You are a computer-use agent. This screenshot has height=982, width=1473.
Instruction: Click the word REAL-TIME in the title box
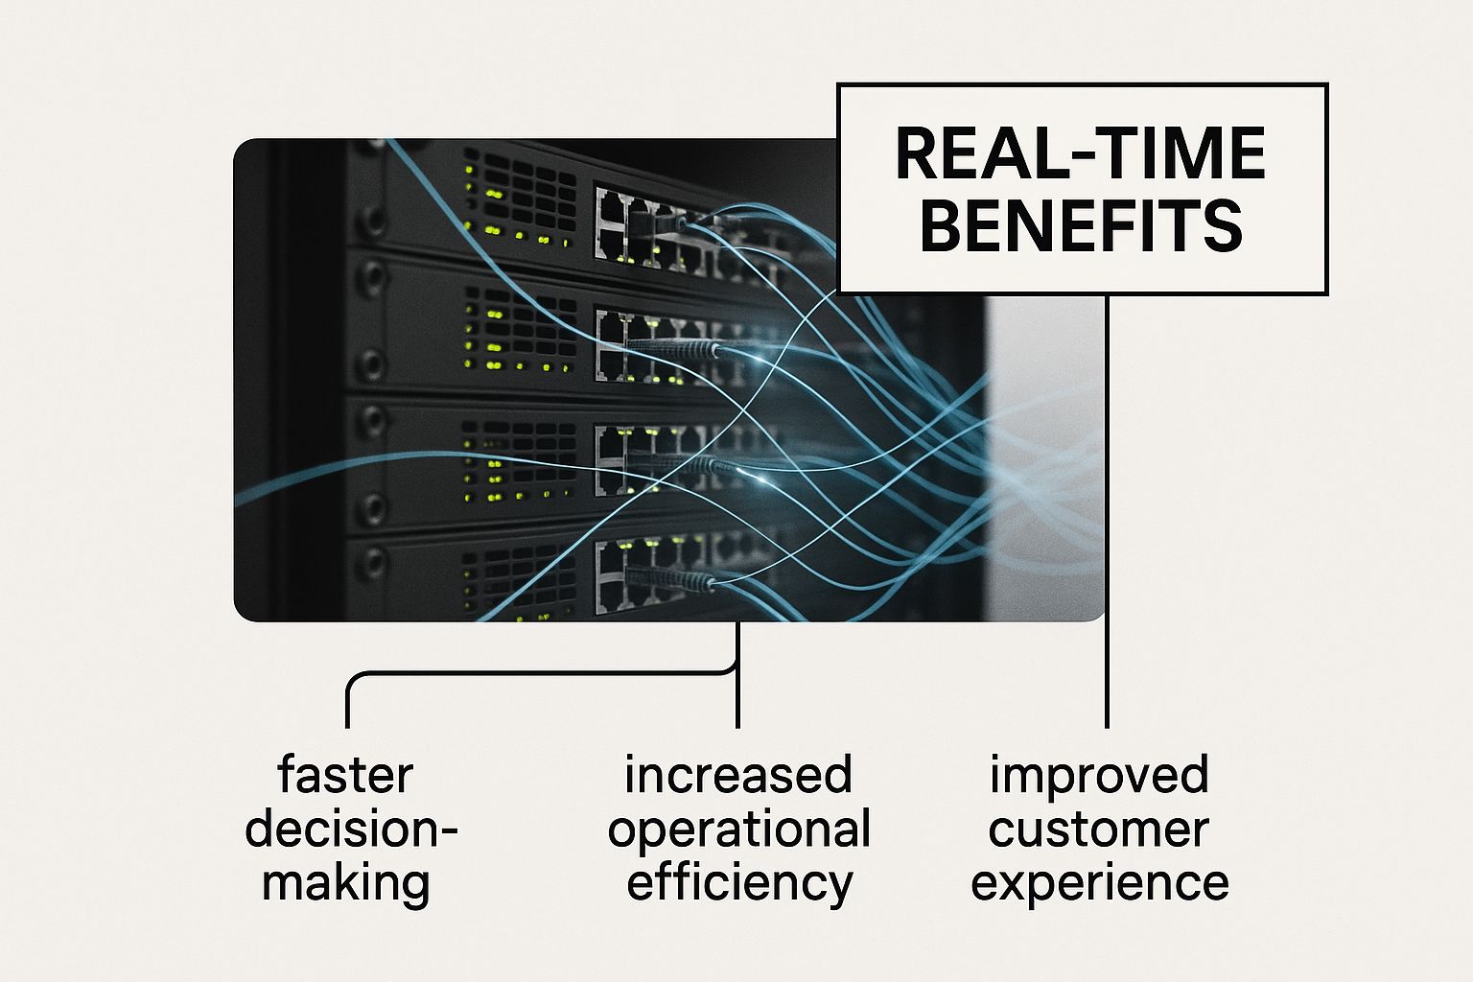[1081, 153]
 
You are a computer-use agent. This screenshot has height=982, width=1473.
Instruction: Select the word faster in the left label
[345, 774]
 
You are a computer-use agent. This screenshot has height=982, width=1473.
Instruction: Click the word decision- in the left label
[351, 828]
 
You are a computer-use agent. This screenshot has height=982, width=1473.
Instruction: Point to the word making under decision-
[345, 882]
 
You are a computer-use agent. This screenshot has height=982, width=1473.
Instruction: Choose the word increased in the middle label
[737, 774]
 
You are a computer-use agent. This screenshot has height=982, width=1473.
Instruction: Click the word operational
[738, 830]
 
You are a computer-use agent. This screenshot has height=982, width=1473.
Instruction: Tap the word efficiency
[738, 882]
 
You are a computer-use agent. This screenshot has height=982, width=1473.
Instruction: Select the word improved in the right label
[1099, 775]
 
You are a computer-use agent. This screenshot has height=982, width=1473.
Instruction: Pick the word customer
[1098, 829]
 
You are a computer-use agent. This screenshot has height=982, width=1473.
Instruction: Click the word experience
[1099, 883]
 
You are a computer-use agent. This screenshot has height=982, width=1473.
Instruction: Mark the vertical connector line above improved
[1108, 508]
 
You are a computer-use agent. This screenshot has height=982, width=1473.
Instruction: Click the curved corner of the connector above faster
[352, 679]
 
